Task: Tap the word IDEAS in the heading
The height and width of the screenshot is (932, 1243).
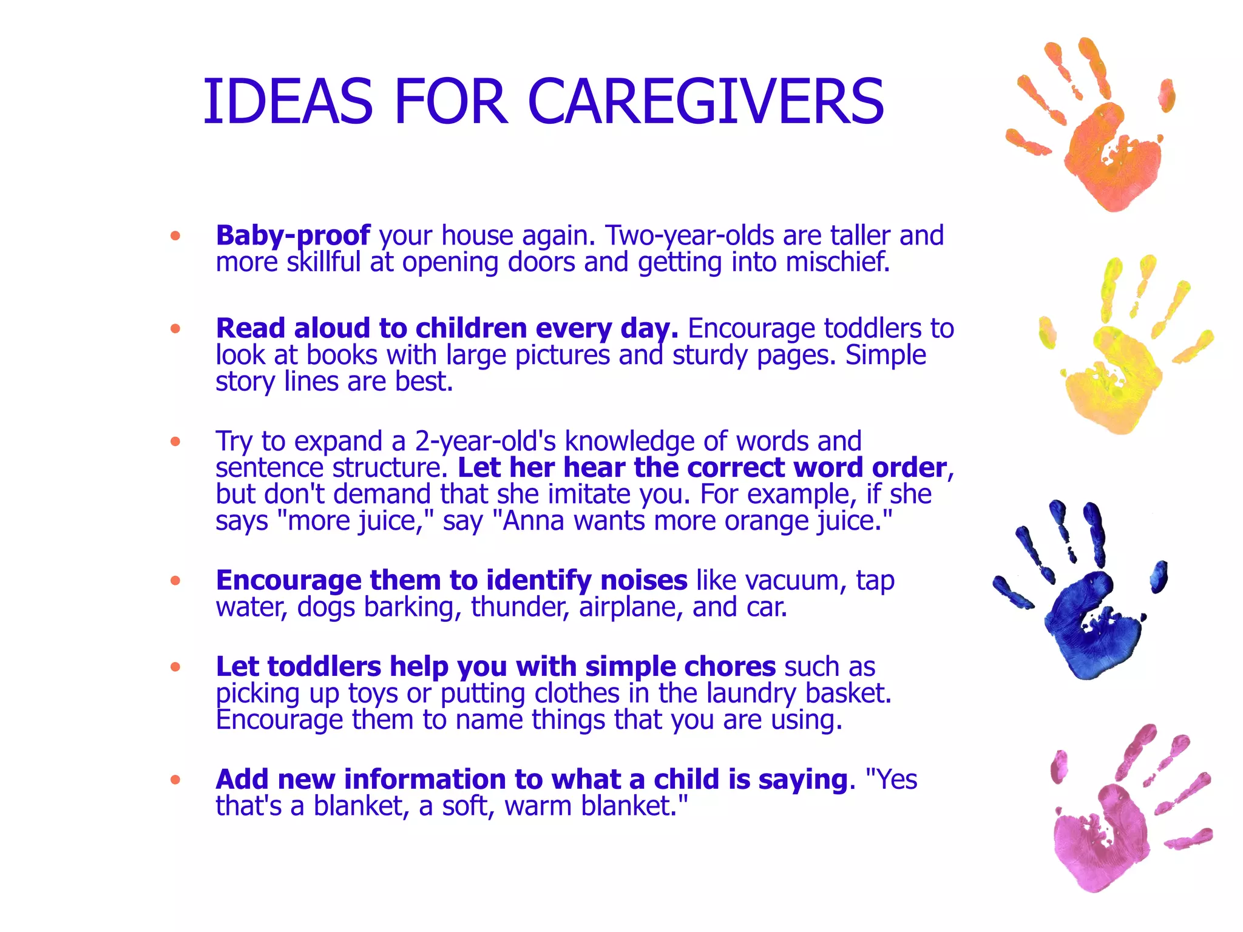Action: [288, 102]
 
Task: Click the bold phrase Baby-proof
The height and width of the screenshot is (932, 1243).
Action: [293, 236]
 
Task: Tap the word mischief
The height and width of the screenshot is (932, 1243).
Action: [838, 262]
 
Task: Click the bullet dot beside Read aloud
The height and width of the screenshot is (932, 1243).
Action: [175, 329]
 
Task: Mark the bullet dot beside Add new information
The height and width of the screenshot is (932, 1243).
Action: [175, 780]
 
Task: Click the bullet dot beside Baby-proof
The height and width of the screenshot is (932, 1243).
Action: [175, 236]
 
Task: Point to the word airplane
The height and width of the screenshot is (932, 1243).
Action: [628, 607]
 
